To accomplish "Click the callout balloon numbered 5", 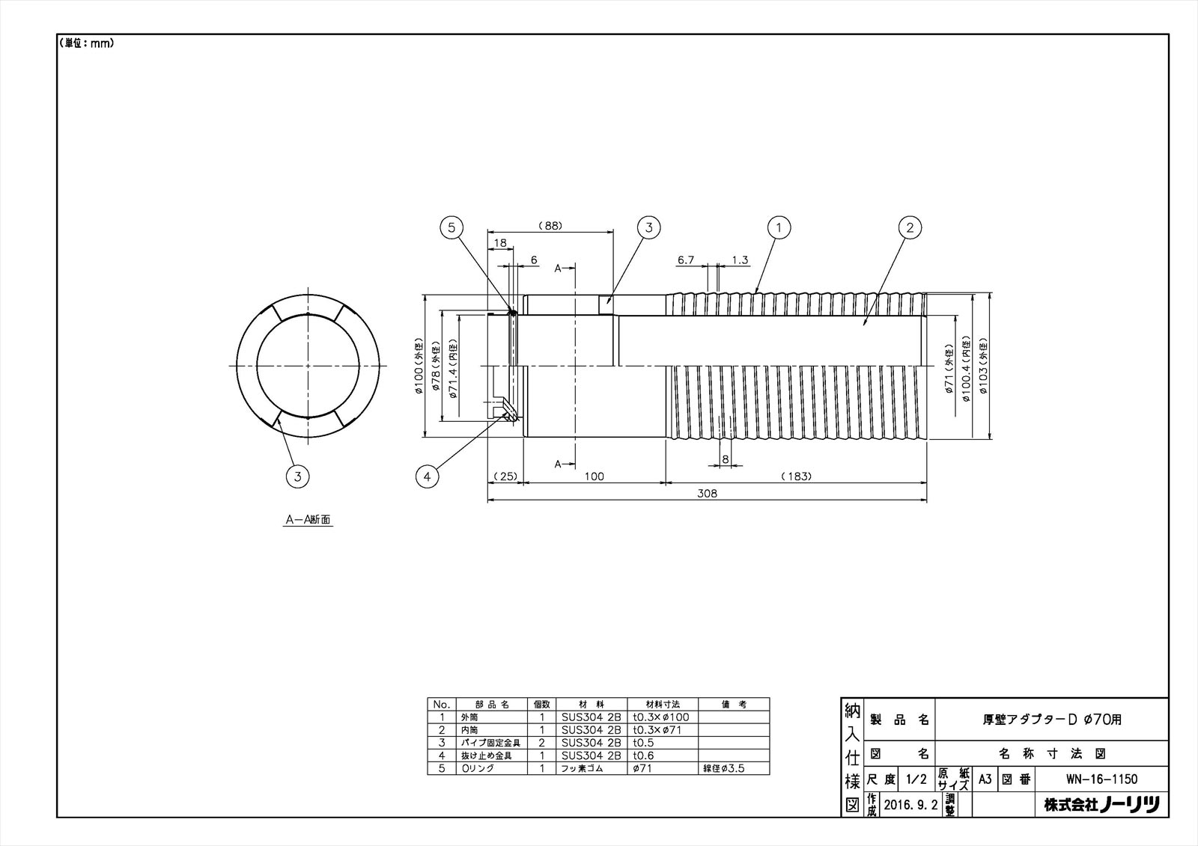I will [x=451, y=227].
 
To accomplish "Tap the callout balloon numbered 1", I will [x=779, y=227].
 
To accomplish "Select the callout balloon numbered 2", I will [x=910, y=227].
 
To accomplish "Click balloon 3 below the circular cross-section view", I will [x=297, y=476].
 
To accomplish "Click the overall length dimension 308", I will [x=706, y=494].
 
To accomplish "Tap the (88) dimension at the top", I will [x=550, y=226].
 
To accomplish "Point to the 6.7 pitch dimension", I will [x=687, y=260].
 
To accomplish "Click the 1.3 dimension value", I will [x=740, y=260].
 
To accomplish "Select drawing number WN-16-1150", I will [x=1101, y=779].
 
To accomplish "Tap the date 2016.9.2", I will [x=910, y=805].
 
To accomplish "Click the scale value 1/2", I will [x=916, y=779].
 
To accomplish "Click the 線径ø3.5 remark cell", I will [x=723, y=768].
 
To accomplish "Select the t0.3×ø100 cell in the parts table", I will [x=661, y=717].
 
